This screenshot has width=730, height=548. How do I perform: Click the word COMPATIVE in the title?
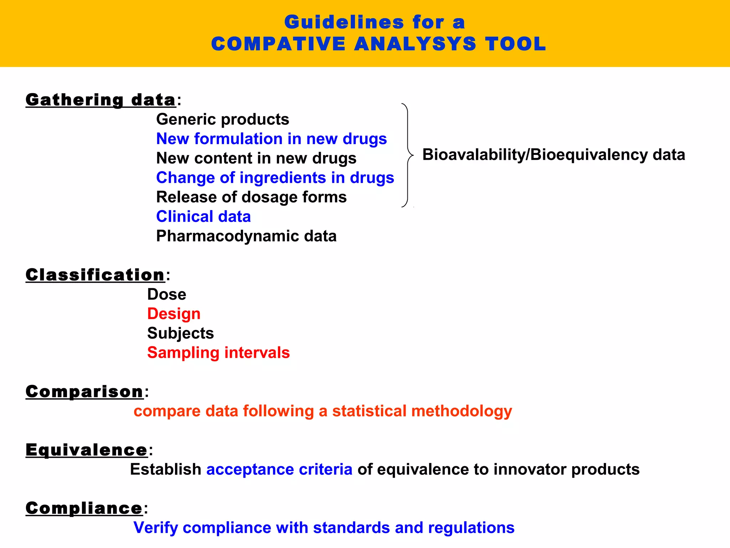[278, 44]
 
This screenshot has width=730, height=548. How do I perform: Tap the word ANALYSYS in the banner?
[415, 44]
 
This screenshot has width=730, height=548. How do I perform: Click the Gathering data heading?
[101, 100]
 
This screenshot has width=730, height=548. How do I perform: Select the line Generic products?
[222, 120]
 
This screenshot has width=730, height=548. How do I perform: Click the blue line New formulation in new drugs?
[271, 139]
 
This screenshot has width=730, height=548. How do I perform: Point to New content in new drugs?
[256, 158]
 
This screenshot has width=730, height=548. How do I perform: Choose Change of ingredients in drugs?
[275, 178]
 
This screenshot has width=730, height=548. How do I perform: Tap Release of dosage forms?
[251, 197]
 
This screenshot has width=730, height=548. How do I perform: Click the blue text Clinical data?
[203, 217]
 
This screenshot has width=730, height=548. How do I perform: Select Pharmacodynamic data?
[246, 236]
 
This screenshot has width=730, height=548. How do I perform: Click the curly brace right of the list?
[407, 155]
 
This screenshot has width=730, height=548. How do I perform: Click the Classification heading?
[95, 275]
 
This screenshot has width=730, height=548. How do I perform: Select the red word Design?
[174, 314]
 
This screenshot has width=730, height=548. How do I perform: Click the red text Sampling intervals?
[218, 353]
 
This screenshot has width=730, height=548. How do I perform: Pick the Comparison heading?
[84, 392]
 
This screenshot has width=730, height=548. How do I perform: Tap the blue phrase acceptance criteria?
[279, 470]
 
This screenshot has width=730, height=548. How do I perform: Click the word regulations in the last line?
[471, 528]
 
